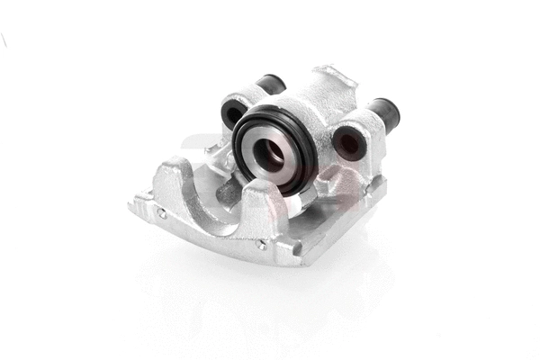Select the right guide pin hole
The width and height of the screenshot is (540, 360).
pyautogui.click(x=346, y=143)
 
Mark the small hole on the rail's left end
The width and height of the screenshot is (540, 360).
pyautogui.click(x=161, y=213)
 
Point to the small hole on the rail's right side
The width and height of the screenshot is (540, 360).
pyautogui.click(x=260, y=243)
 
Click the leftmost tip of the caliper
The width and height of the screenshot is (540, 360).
pyautogui.click(x=132, y=206)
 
